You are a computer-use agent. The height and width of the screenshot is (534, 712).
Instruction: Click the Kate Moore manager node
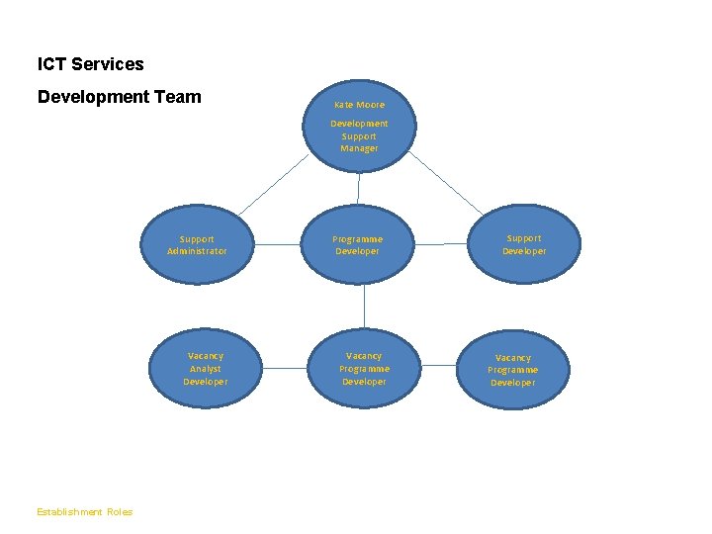(x=359, y=126)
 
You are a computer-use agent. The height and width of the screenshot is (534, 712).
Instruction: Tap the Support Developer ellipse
(x=523, y=244)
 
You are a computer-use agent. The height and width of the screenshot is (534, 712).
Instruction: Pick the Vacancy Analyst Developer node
(x=206, y=369)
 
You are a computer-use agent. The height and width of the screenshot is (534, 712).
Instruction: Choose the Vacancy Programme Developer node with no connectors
(x=512, y=370)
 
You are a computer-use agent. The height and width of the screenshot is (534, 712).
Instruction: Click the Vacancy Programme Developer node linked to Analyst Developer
(x=364, y=369)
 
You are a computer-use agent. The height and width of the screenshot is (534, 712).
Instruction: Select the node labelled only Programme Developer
(x=357, y=245)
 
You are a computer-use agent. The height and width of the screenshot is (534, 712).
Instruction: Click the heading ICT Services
(x=90, y=64)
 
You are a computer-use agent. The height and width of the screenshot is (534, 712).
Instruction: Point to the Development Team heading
(x=119, y=97)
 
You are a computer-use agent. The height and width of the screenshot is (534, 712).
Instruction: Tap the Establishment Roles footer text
(x=84, y=512)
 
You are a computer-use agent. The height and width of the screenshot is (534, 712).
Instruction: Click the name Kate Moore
(x=359, y=104)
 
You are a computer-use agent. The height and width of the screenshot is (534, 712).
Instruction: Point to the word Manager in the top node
(x=359, y=148)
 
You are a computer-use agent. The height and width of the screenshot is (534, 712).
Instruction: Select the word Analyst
(x=206, y=369)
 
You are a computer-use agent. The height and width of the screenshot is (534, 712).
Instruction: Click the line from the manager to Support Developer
(x=447, y=185)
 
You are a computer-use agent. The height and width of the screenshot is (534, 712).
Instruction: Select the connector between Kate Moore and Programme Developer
(x=358, y=188)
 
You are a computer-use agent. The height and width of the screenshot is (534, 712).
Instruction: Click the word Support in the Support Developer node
(x=523, y=238)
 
